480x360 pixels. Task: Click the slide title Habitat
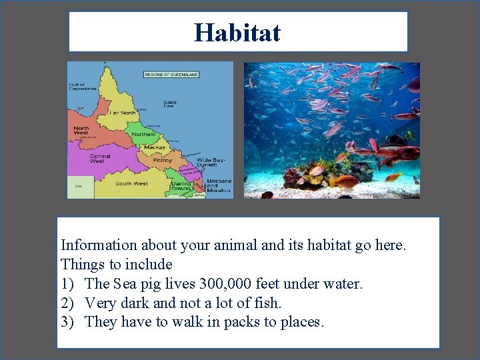point(237,32)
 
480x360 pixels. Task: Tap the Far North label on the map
point(123,113)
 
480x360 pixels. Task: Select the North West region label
point(81,131)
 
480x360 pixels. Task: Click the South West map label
point(131,183)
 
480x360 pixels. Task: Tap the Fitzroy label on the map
point(162,160)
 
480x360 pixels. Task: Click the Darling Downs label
point(181,186)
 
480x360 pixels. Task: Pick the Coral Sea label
point(170,105)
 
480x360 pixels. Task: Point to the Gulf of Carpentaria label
point(83,87)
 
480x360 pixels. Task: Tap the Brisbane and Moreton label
point(218,185)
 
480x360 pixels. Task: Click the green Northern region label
point(143,134)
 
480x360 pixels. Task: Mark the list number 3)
point(69,323)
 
